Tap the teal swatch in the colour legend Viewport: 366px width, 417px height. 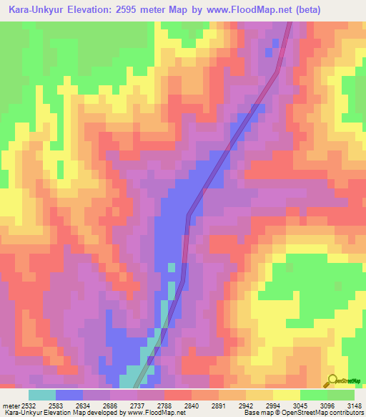click(42, 395)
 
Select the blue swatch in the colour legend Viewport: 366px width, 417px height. click(69, 395)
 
